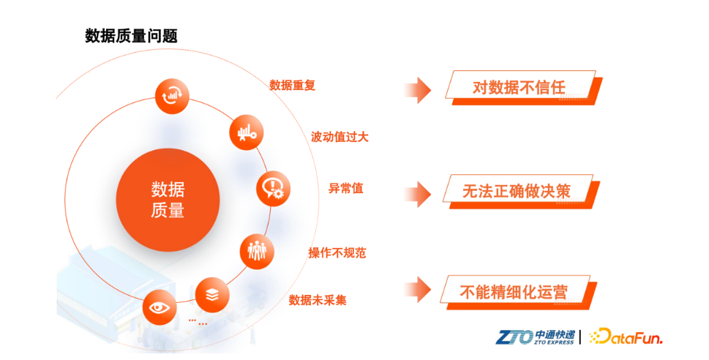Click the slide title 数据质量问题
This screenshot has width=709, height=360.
pos(131,36)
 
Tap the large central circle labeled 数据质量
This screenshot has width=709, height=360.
pos(168,200)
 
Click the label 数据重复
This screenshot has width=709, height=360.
pos(292,85)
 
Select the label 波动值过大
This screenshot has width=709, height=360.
pos(340,137)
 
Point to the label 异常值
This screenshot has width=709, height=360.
pos(346,188)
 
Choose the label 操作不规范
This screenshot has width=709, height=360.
pos(337,253)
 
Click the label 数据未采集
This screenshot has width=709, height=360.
pos(318,300)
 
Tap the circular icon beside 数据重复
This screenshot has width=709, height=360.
pos(172,96)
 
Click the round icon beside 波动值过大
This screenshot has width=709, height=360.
pos(247,132)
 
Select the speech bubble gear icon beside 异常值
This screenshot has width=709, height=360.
pos(273,188)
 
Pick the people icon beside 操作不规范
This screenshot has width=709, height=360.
pos(257,251)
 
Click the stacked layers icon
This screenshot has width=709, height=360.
pos(212,295)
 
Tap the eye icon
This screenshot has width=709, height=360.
pos(160,307)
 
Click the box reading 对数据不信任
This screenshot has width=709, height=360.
pos(524,88)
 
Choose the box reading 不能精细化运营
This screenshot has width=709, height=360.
pos(519,292)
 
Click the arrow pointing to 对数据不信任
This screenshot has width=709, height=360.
pos(417,90)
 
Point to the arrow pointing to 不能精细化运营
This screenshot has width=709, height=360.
pos(417,290)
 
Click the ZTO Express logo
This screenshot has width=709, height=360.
pos(536,337)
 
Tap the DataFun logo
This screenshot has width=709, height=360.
pos(626,337)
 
